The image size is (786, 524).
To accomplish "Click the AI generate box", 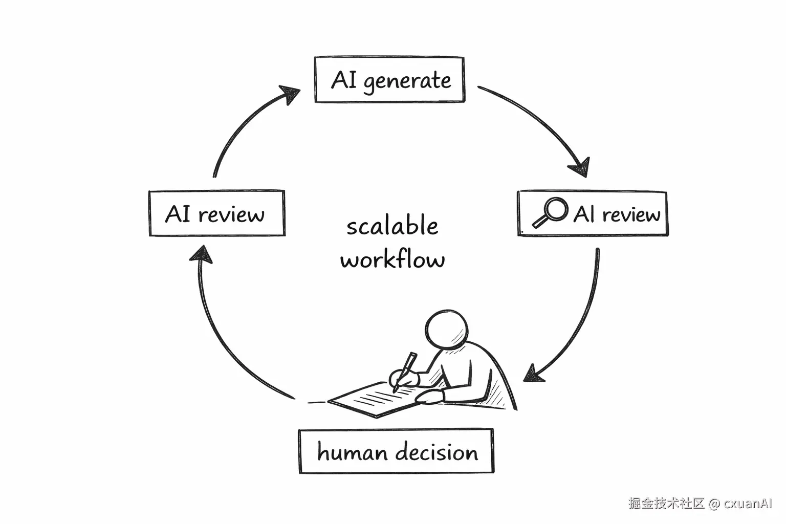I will (x=389, y=80).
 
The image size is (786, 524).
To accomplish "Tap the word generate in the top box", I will (x=407, y=81).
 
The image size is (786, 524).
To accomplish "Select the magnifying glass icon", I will (x=549, y=211).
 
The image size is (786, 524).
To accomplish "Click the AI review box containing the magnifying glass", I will (x=593, y=213).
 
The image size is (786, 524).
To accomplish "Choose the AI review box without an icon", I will (x=216, y=213).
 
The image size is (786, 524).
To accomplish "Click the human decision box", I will (x=396, y=451).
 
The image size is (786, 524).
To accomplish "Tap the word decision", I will (x=437, y=452).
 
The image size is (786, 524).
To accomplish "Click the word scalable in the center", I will (x=392, y=226).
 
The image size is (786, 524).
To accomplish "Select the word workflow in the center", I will (x=392, y=259).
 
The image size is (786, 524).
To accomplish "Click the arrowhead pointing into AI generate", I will (x=290, y=95).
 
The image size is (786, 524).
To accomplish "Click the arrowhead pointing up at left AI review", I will (x=202, y=254).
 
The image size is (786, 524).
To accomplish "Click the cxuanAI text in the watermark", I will (x=748, y=503).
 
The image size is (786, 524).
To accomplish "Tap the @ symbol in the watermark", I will (x=714, y=504).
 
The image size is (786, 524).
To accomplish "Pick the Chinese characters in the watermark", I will (x=667, y=503).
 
